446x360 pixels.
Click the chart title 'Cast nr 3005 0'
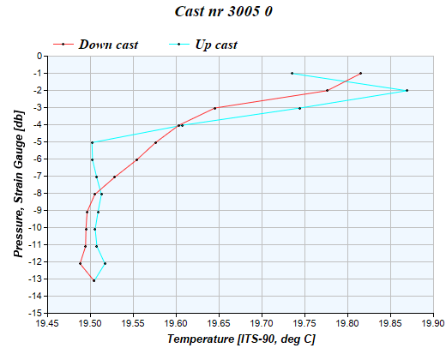click(224, 12)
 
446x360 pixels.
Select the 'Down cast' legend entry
click(108, 44)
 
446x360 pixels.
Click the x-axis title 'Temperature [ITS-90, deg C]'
click(240, 339)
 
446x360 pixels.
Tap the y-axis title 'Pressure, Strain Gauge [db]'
click(18, 185)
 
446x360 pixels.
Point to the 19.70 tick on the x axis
click(262, 324)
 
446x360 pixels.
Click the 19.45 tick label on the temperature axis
click(47, 324)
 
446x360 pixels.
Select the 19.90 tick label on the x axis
click(432, 324)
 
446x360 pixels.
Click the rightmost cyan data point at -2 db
click(407, 90)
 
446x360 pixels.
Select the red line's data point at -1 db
click(361, 73)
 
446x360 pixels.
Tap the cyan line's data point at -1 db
click(292, 73)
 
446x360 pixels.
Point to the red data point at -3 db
click(214, 108)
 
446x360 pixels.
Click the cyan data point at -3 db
click(299, 108)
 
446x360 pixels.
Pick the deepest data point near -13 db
click(93, 280)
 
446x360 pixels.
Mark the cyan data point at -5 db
click(92, 142)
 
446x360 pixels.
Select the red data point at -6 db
click(136, 159)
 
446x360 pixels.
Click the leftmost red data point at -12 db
click(80, 263)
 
